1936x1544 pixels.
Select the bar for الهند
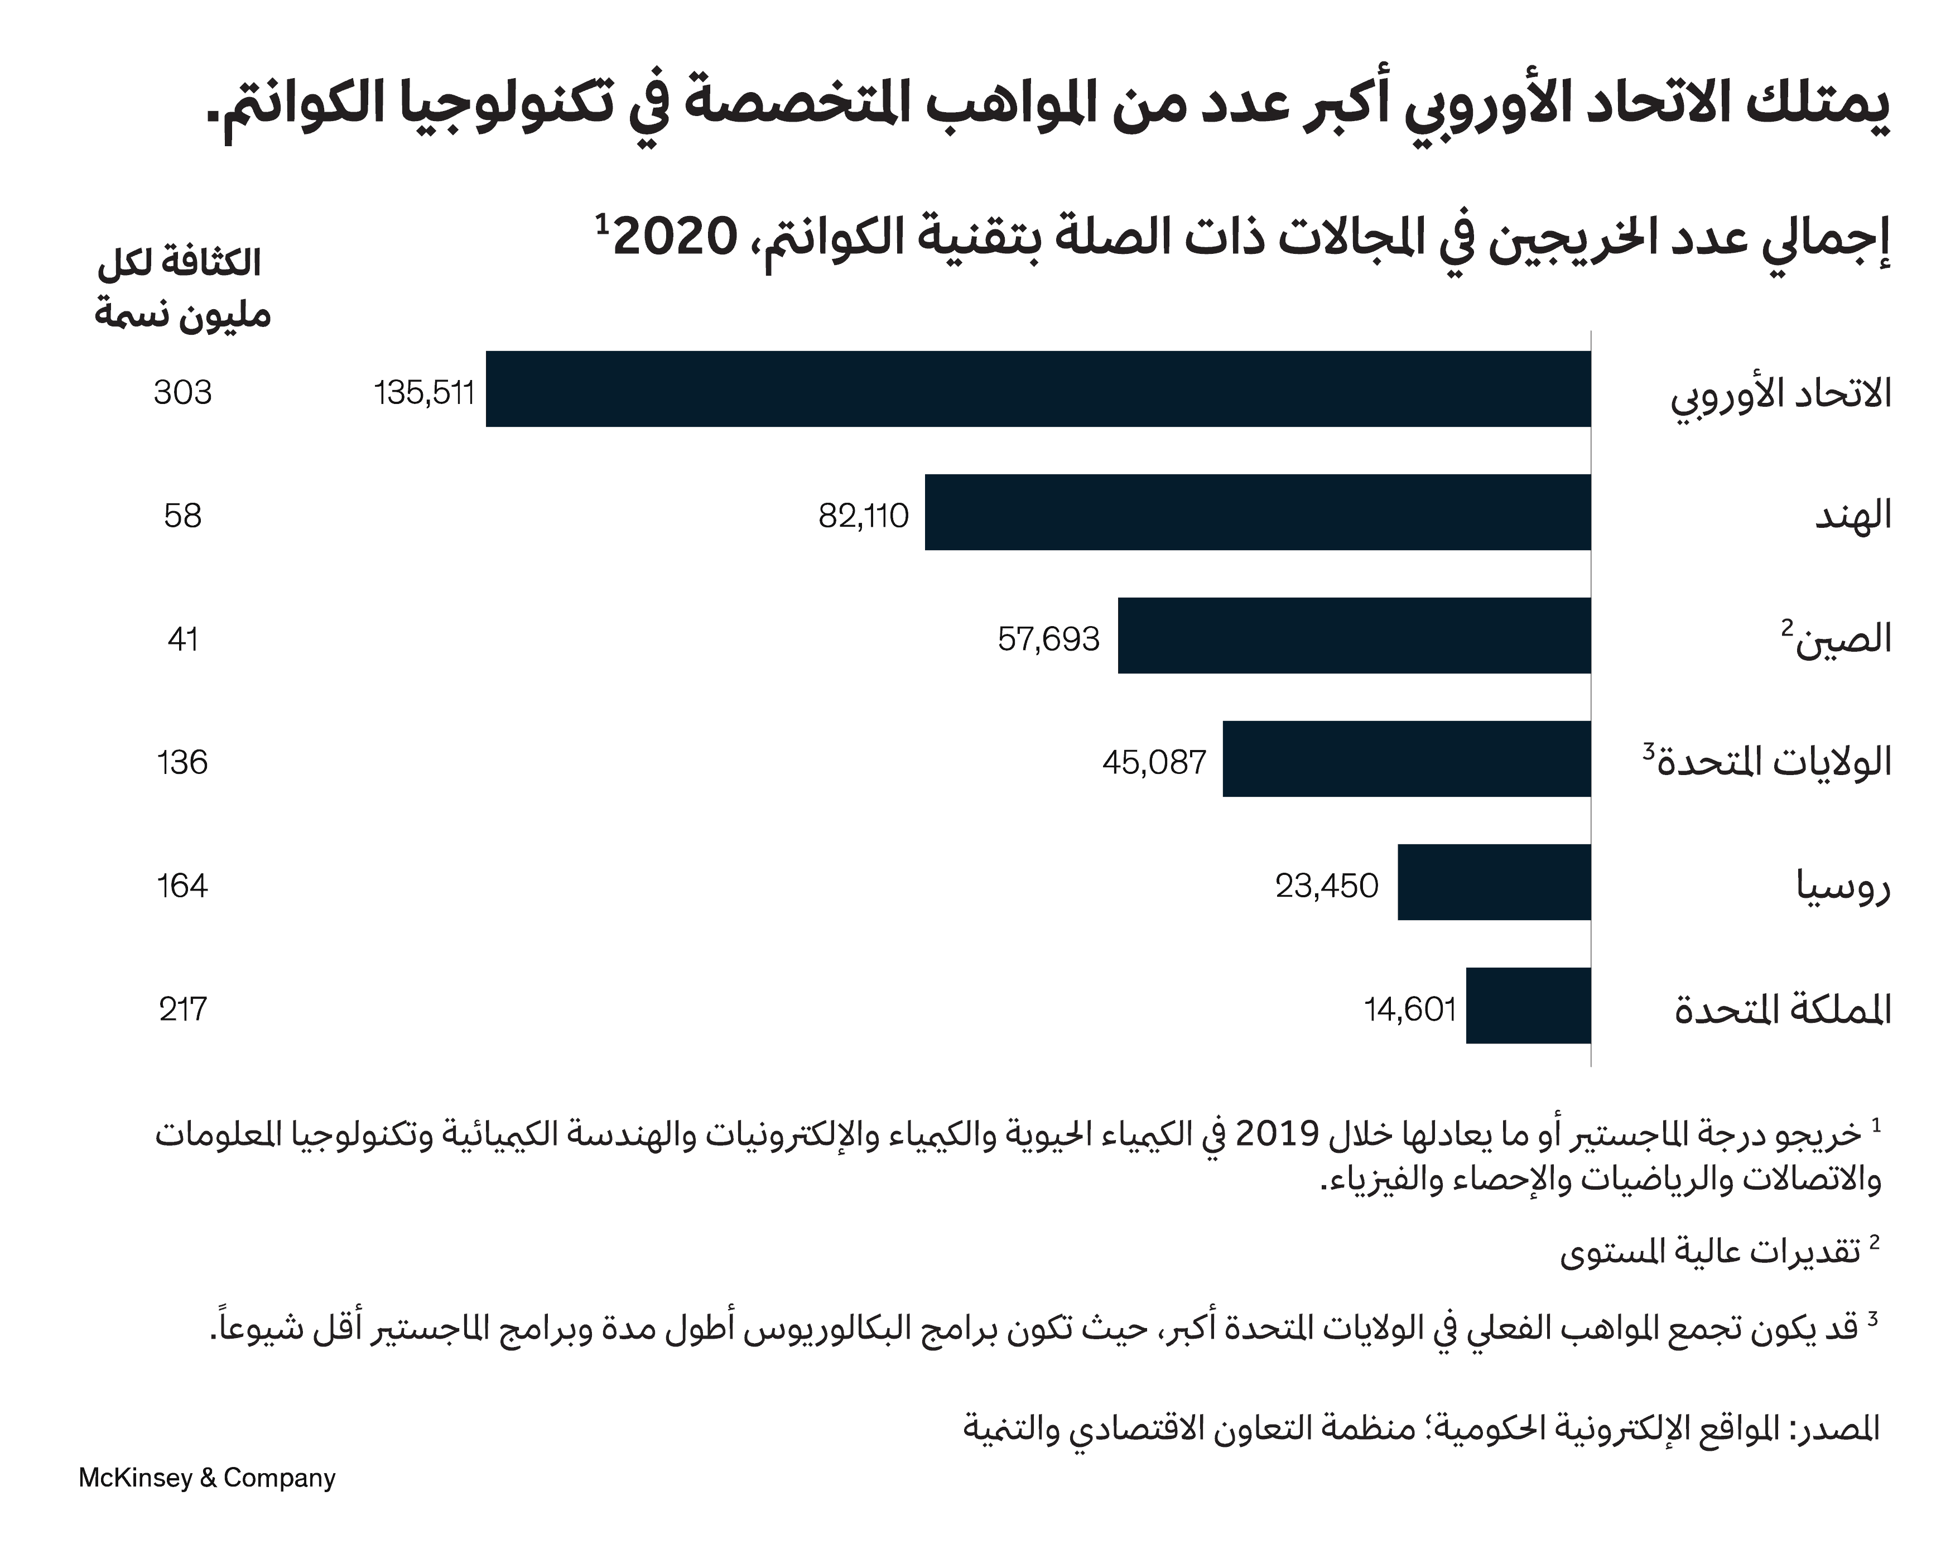coord(1257,512)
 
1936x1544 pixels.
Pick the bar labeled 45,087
coord(1406,759)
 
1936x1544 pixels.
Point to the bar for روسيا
coord(1494,882)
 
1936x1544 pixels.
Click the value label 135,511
coord(424,392)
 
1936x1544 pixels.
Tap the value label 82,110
coord(863,516)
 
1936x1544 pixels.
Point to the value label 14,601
coord(1410,1009)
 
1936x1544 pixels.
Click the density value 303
coord(182,392)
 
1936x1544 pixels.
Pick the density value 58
coord(182,516)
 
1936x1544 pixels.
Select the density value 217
coord(182,1009)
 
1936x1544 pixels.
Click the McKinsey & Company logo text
coord(206,1478)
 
